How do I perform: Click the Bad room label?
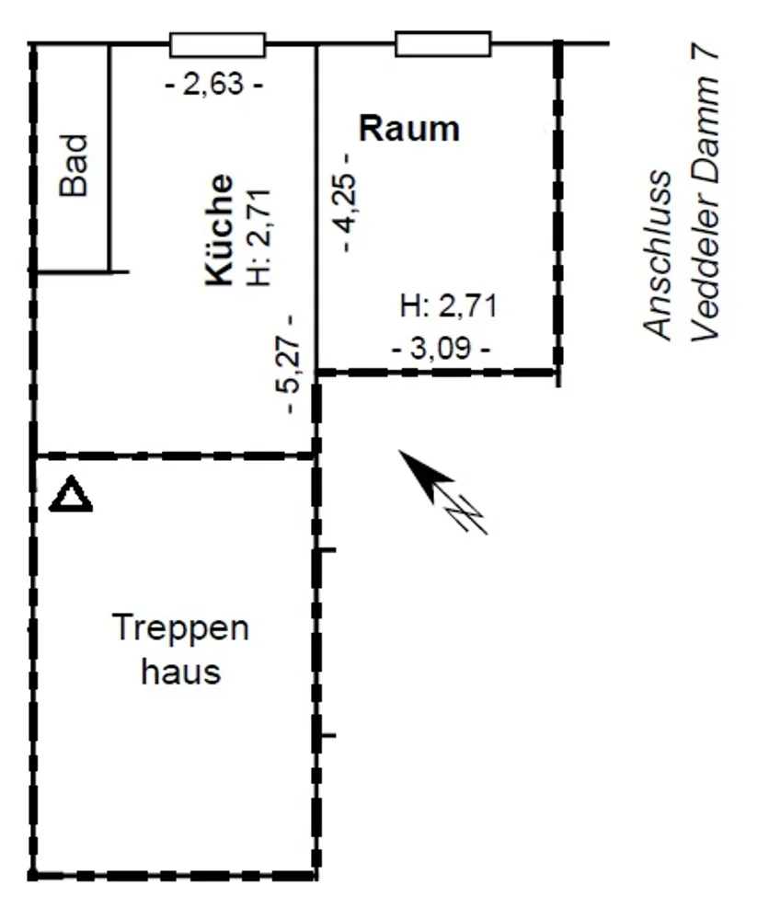tap(74, 165)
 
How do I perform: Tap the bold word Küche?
tap(219, 229)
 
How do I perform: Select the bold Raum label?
tap(408, 129)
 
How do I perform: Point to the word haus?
tap(180, 672)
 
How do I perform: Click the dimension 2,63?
tap(213, 85)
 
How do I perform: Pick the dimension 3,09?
tap(442, 349)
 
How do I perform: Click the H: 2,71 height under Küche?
tap(260, 237)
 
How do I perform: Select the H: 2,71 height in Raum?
tap(449, 306)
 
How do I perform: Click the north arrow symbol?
tap(442, 492)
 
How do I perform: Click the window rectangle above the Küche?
tap(218, 44)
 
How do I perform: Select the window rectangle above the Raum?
tap(443, 44)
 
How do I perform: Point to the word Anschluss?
tap(657, 255)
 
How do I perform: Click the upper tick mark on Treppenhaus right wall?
tap(326, 550)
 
